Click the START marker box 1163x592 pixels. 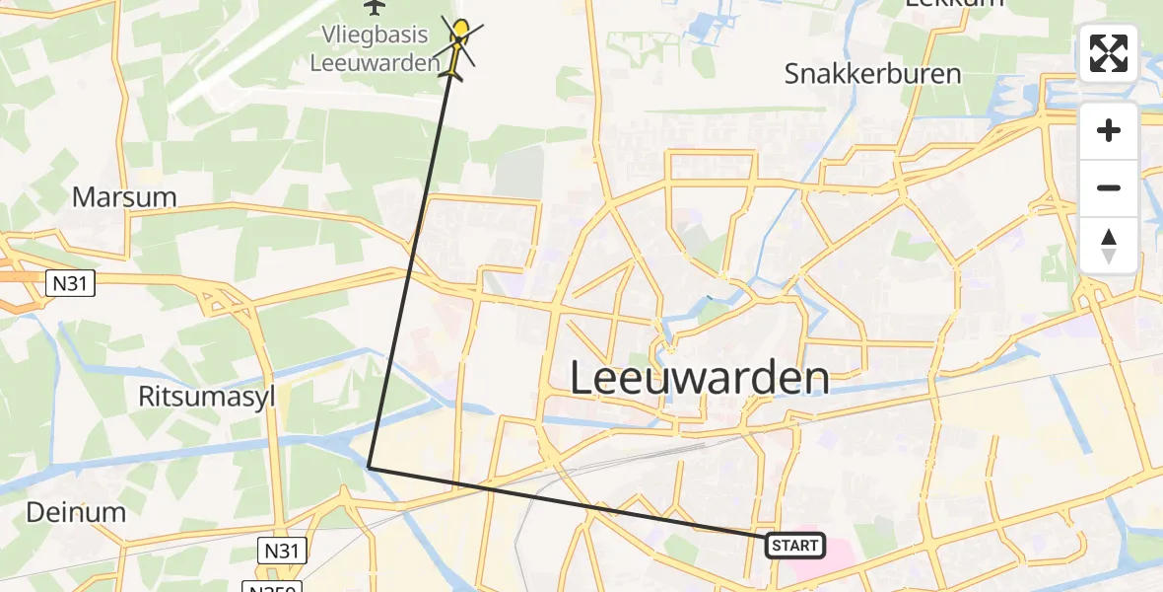click(794, 545)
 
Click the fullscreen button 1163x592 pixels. click(1109, 53)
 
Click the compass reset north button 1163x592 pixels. click(1109, 246)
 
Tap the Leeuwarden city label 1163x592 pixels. click(699, 378)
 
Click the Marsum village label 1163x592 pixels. click(124, 196)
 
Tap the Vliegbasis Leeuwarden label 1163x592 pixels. click(375, 48)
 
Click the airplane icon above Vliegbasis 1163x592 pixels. click(375, 8)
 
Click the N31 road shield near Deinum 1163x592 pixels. click(282, 550)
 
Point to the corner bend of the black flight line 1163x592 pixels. click(369, 466)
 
